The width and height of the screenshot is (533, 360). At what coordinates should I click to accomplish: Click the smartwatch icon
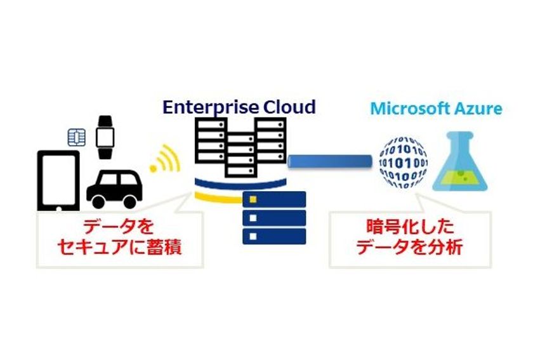[104, 135]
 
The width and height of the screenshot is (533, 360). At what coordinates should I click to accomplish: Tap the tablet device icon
[58, 180]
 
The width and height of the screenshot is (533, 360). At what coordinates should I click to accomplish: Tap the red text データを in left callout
[120, 227]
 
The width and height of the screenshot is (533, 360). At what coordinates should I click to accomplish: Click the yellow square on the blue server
[253, 200]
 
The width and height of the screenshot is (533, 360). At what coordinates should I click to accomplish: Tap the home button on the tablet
[58, 207]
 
